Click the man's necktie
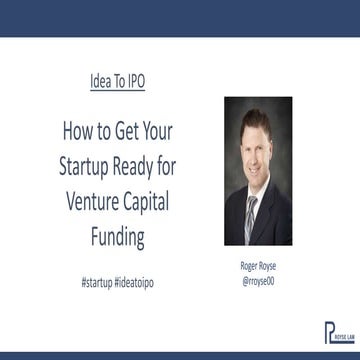[x=254, y=215]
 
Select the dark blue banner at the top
[x=180, y=18]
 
